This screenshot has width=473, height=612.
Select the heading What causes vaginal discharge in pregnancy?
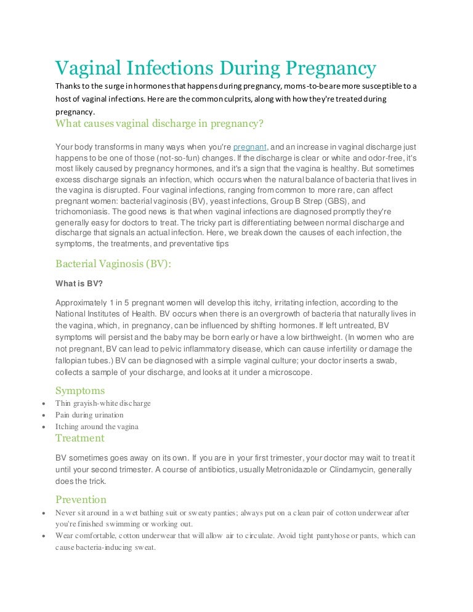tap(160, 123)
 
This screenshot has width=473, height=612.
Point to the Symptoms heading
tap(80, 390)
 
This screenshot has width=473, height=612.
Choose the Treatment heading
tap(80, 438)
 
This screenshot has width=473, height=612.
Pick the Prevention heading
tap(81, 499)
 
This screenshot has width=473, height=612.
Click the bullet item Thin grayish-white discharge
tap(103, 403)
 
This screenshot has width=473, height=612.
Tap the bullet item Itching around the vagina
tap(97, 427)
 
